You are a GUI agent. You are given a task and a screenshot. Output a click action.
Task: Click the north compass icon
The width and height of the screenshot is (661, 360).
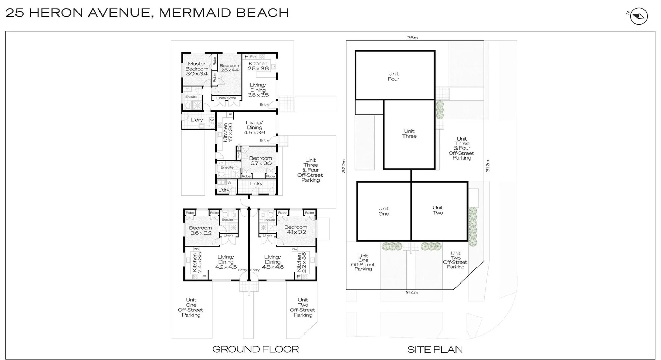tap(639, 16)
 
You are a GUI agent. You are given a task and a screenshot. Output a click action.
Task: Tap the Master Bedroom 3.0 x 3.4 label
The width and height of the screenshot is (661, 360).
tap(197, 69)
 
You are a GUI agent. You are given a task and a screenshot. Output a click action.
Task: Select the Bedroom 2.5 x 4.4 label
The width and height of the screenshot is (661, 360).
tap(229, 68)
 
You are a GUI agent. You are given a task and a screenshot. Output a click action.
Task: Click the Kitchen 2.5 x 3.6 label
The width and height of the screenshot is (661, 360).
tap(258, 66)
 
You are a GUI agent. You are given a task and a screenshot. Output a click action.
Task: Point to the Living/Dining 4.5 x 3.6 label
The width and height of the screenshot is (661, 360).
tap(254, 127)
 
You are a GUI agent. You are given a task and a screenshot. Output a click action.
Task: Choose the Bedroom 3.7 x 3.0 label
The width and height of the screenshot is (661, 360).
tap(260, 161)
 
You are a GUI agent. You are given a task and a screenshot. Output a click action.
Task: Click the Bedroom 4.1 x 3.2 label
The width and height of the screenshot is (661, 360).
tap(296, 229)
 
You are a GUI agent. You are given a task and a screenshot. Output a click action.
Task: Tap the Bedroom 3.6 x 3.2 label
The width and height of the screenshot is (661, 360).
tap(200, 230)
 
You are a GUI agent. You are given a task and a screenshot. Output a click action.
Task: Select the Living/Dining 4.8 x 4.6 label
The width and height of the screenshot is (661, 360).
tap(273, 262)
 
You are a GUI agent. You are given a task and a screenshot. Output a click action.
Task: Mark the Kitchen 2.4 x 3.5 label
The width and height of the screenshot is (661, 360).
tap(197, 262)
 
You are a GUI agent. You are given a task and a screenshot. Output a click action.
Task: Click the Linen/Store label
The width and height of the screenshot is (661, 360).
tap(226, 98)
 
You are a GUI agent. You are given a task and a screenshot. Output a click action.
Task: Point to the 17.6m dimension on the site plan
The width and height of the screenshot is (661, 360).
tap(411, 38)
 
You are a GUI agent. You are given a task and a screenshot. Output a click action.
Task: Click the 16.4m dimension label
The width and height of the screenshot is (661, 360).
tap(411, 293)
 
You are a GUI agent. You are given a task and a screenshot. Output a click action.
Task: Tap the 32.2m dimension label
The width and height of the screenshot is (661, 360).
tap(343, 166)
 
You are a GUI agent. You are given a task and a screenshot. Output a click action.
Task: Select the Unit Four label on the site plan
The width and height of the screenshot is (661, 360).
tap(394, 76)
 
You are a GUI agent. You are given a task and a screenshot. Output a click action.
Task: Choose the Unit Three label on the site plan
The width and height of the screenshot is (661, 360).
tap(409, 134)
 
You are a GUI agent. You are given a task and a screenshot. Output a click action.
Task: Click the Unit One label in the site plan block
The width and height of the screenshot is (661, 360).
tap(384, 211)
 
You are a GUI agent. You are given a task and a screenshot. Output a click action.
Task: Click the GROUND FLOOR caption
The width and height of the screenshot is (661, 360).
tap(255, 349)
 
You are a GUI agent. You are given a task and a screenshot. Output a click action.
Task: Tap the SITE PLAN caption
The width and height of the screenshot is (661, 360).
tap(435, 350)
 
